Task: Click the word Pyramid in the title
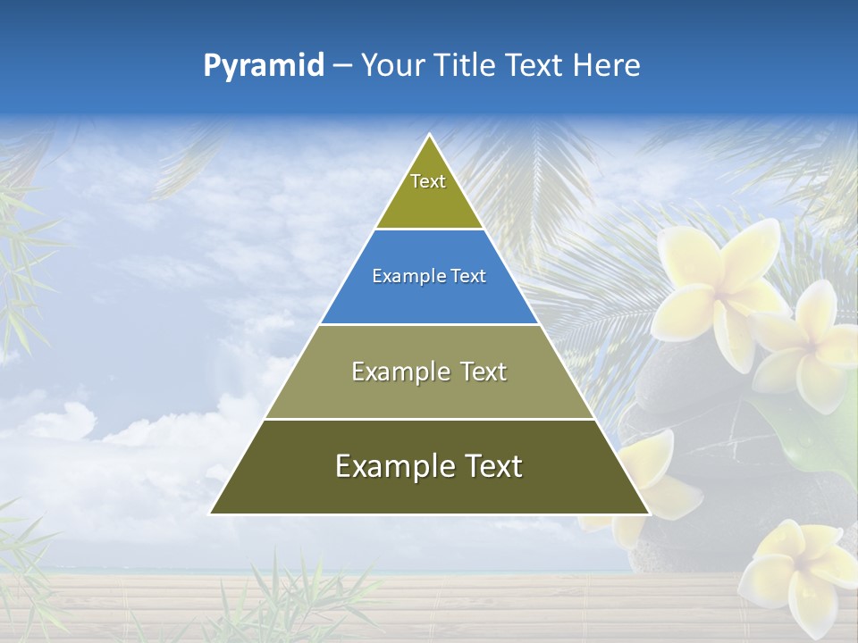[x=263, y=66]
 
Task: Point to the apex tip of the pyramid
[x=430, y=136]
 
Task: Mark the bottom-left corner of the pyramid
[x=212, y=513]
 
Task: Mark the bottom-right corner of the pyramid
[x=648, y=513]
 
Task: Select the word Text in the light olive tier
[x=484, y=372]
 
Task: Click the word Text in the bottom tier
[x=492, y=467]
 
